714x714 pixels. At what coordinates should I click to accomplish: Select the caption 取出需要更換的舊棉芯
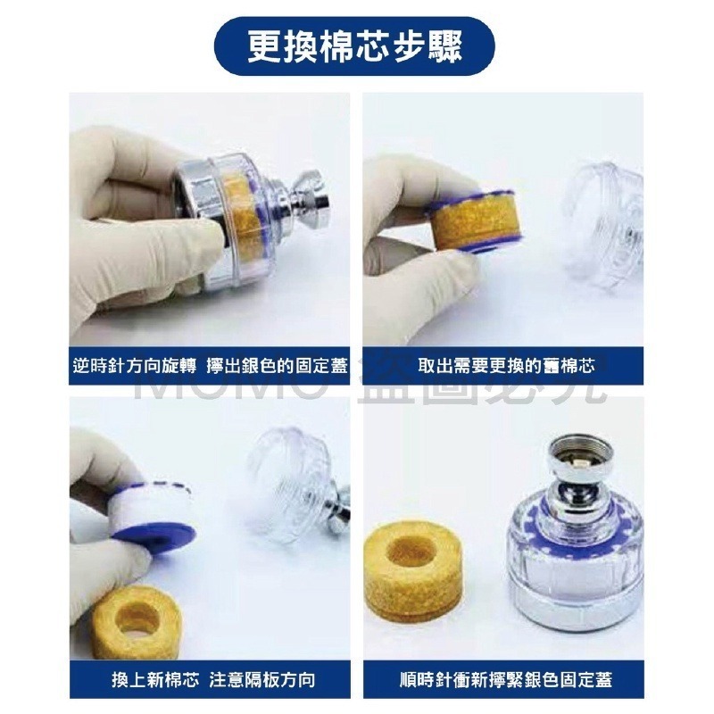502,366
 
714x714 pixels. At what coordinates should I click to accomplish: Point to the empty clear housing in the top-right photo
607,223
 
